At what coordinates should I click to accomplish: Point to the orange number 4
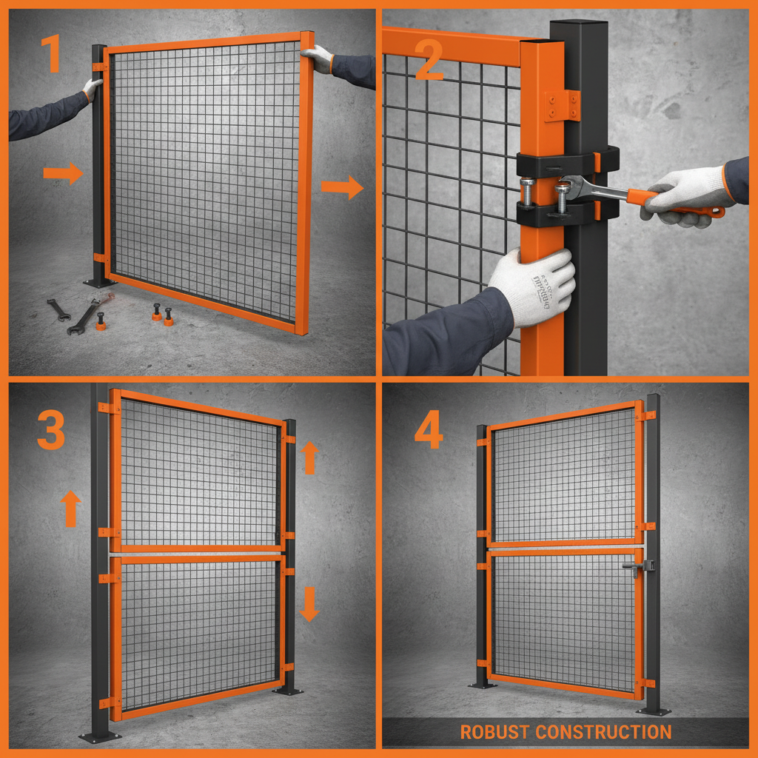click(429, 429)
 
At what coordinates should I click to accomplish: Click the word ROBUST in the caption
click(494, 732)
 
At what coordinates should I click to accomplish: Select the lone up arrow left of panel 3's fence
click(70, 509)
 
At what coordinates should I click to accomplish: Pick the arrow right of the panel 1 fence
click(342, 188)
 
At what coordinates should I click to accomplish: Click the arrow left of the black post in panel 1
click(63, 175)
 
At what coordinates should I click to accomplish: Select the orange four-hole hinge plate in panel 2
click(563, 105)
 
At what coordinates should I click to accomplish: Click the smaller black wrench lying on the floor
click(58, 309)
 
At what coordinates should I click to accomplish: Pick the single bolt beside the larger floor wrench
click(101, 321)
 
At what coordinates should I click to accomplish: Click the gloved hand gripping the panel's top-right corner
click(318, 58)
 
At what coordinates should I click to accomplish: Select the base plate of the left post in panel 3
click(100, 737)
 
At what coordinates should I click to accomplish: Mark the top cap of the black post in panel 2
click(579, 24)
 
